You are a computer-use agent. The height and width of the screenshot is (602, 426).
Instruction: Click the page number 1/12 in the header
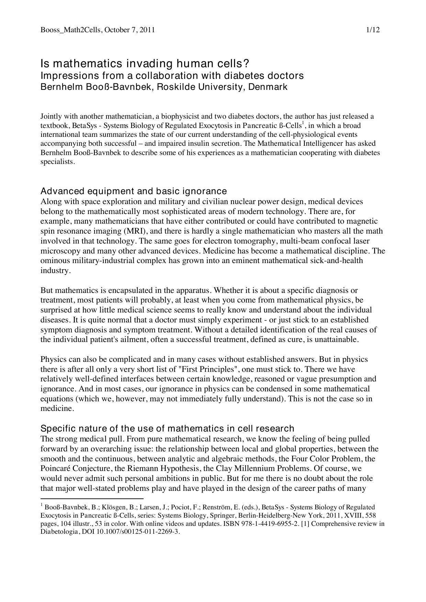pos(373,30)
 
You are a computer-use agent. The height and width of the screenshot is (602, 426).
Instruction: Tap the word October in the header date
pos(115,30)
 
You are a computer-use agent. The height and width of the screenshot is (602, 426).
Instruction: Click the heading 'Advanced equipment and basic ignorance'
pos(134,191)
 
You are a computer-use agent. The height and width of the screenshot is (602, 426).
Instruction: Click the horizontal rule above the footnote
pos(92,498)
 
